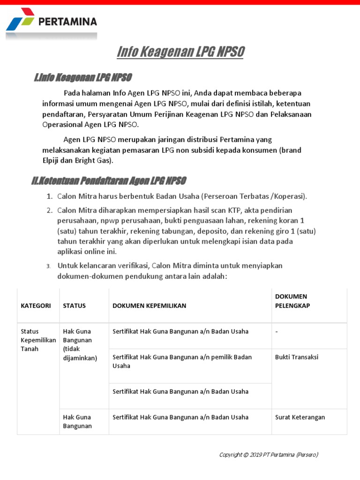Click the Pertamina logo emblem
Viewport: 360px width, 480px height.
[21, 22]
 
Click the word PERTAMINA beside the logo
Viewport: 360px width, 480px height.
[67, 22]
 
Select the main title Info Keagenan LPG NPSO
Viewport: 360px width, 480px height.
[180, 52]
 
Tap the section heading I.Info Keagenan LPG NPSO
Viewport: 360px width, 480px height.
[82, 77]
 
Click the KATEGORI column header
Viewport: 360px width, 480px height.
[36, 306]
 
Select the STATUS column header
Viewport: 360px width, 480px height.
[75, 306]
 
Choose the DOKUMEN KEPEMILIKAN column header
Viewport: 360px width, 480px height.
[149, 306]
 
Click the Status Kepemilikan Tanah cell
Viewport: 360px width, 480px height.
[38, 340]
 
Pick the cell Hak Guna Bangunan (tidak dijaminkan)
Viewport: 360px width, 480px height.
[80, 345]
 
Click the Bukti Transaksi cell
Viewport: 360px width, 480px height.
[296, 357]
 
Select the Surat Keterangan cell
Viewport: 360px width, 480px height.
[300, 417]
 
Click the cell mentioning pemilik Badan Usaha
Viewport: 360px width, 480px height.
[182, 361]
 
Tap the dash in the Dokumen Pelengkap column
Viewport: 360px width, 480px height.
[277, 332]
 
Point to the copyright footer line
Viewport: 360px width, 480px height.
[269, 454]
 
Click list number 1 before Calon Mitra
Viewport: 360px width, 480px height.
[49, 196]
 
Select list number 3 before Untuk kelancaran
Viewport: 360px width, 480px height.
[48, 266]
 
